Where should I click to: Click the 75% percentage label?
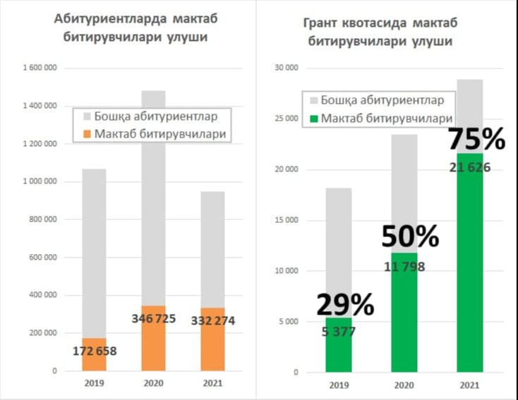coord(477,140)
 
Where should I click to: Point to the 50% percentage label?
coord(410,238)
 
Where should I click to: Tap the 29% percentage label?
coord(344,305)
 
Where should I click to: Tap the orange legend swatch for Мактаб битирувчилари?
coord(88,133)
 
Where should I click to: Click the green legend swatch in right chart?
coord(313,119)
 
